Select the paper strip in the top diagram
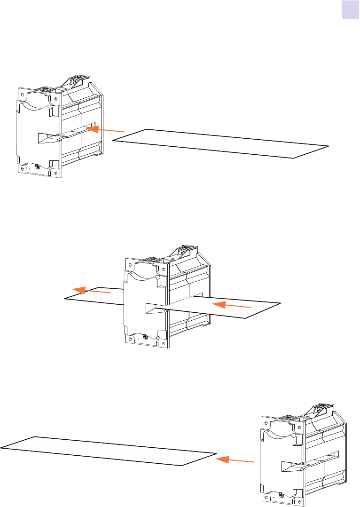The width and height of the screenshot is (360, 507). [x=221, y=143]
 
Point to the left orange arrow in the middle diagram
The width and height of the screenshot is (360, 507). [x=92, y=292]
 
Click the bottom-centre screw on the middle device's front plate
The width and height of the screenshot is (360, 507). [x=145, y=337]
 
